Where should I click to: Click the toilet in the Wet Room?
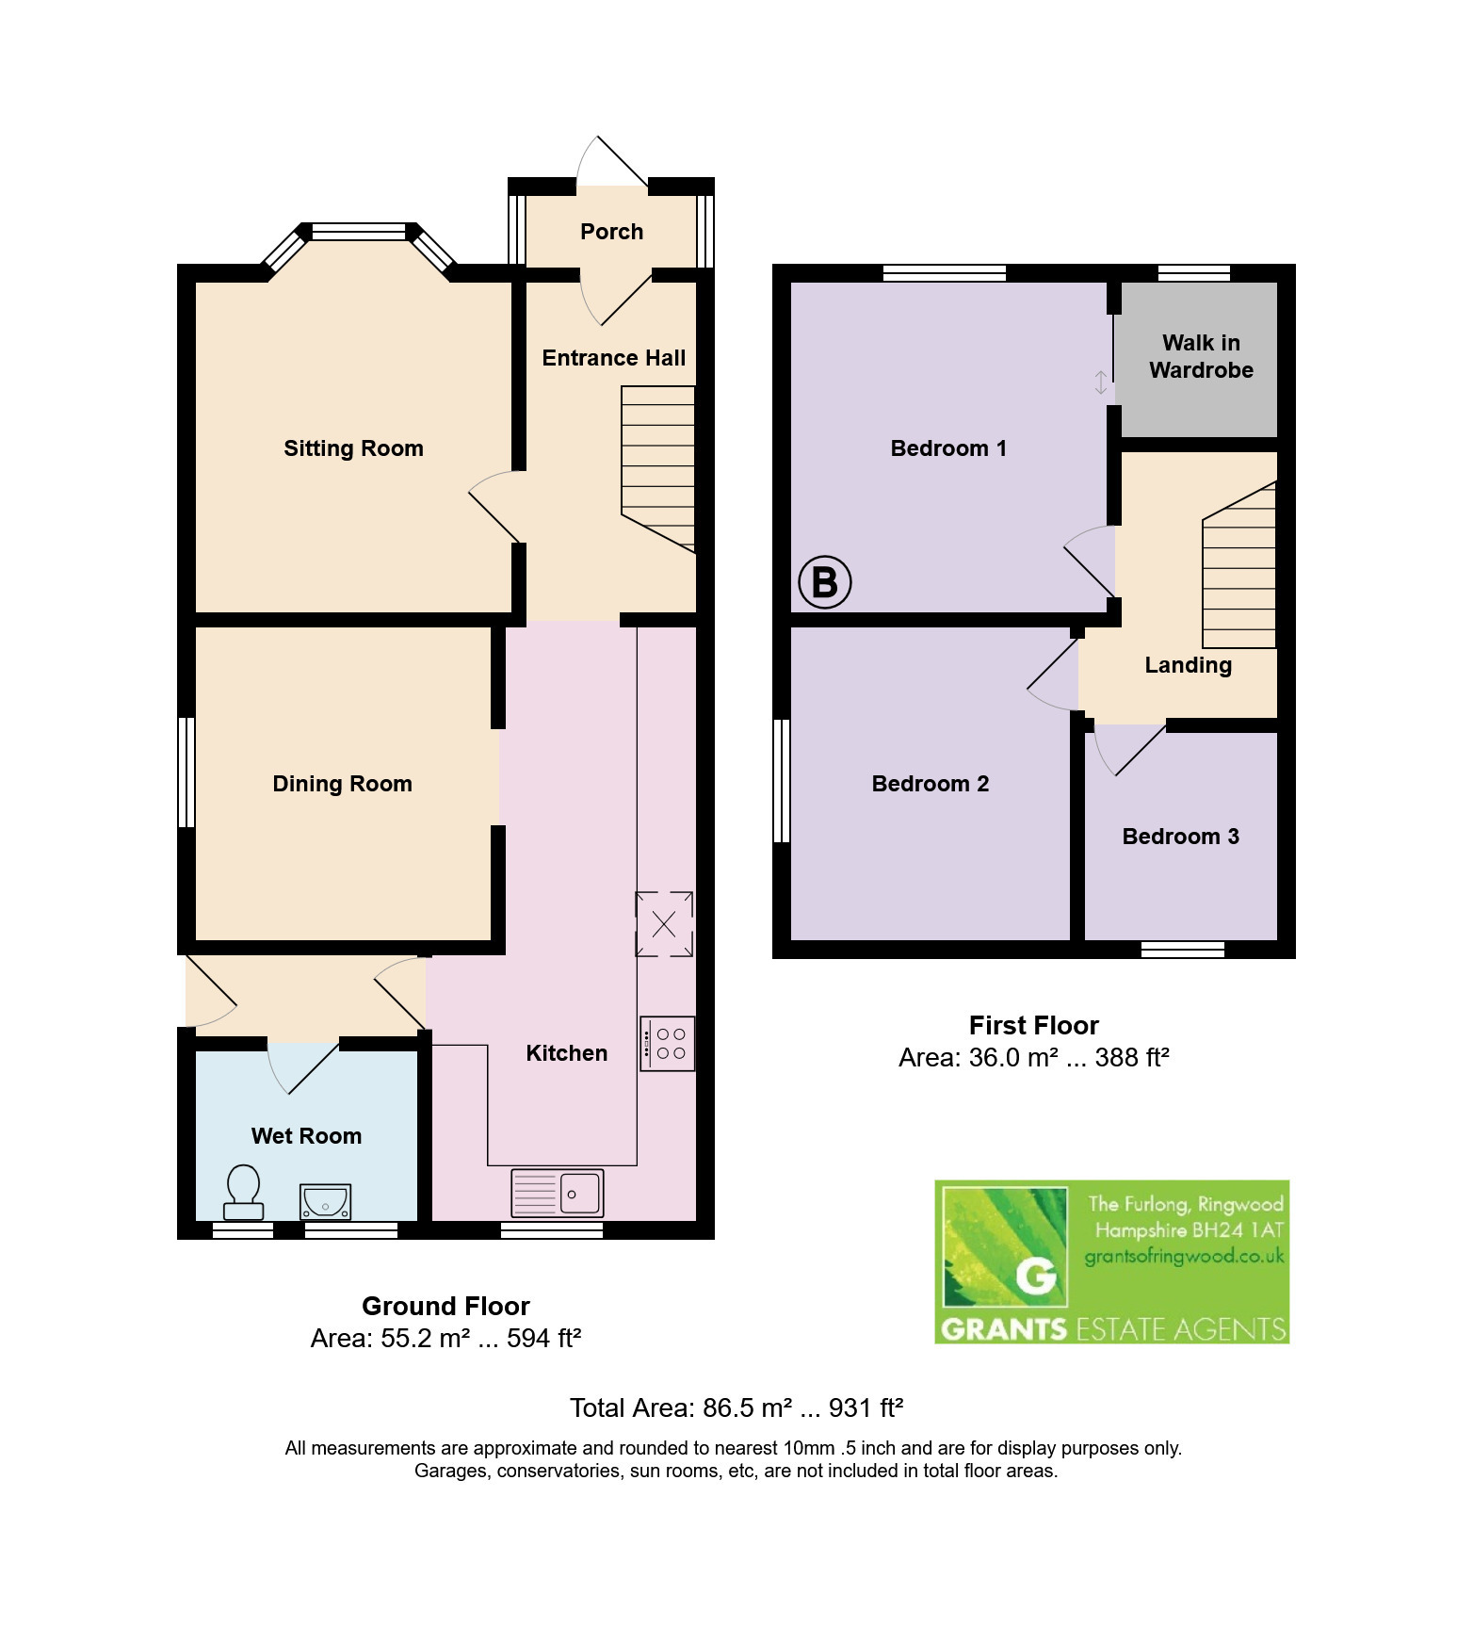pos(243,1193)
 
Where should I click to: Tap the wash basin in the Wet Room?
pos(325,1202)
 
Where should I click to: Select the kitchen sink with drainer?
pos(557,1194)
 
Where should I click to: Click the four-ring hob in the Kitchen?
pos(668,1043)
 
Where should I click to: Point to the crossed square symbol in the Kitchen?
pos(664,924)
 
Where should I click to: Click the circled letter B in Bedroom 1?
pos(825,582)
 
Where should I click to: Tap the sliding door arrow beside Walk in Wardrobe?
pos(1101,382)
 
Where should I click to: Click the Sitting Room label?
pos(354,448)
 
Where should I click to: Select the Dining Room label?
pos(343,784)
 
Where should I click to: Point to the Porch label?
pos(612,232)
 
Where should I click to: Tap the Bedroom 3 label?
pos(1181,837)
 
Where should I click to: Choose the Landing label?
pos(1189,665)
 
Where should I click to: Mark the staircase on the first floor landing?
pos(1239,565)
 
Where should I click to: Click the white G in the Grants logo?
pos(1036,1277)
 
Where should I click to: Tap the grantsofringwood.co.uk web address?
pos(1185,1256)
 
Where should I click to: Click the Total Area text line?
pos(736,1407)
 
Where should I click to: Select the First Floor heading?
pos(1034,1025)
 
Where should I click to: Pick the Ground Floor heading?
pos(446,1306)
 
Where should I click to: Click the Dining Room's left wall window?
pos(186,773)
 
